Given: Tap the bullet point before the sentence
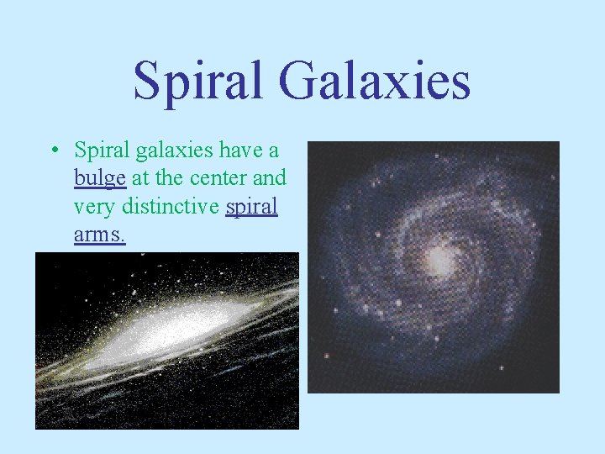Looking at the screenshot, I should pos(53,152).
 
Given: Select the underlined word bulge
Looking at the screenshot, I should pos(100,179).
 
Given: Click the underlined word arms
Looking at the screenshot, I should pos(99,235).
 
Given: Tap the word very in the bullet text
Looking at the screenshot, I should pos(92,207).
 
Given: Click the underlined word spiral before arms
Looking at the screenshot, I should pos(251,207).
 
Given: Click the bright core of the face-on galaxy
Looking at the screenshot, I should pos(439,259).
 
